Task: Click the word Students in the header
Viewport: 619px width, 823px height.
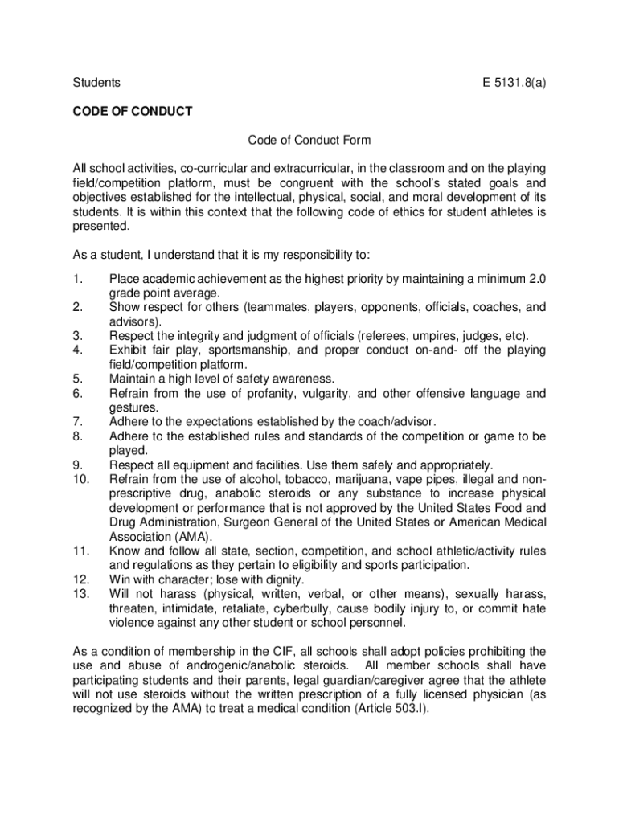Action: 96,82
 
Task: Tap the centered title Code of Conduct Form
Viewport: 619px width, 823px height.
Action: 309,140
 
